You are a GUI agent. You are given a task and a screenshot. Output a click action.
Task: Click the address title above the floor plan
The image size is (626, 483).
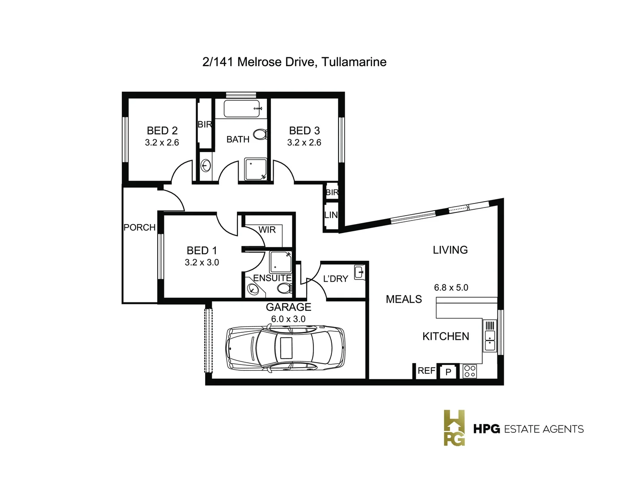tap(294, 62)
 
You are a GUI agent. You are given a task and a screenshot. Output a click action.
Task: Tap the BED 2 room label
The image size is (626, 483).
tap(162, 131)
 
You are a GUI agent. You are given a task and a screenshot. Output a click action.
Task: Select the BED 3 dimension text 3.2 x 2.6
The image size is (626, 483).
tap(304, 143)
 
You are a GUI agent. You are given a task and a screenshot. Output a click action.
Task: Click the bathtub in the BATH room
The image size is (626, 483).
tap(242, 109)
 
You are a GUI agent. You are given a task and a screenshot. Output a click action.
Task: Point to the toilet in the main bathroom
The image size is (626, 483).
tap(260, 134)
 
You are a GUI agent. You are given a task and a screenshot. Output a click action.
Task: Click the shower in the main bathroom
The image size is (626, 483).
tap(255, 169)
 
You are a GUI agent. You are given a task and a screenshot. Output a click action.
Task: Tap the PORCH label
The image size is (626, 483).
tap(139, 228)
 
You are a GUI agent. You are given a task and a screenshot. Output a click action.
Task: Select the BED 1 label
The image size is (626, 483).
tap(202, 250)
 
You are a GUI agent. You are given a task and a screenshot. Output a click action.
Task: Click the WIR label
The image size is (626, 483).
tap(267, 230)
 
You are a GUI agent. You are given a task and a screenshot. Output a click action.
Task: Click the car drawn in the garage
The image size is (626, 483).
tap(286, 347)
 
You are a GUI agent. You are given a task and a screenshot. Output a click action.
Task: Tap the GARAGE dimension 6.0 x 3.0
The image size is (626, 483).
tap(288, 319)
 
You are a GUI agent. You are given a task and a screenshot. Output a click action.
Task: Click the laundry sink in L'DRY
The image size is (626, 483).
tap(359, 272)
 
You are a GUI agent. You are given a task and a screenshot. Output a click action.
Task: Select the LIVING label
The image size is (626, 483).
tap(450, 250)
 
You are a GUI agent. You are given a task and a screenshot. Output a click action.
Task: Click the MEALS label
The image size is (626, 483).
tap(404, 299)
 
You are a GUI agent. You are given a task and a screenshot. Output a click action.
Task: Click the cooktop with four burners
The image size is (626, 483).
tap(469, 371)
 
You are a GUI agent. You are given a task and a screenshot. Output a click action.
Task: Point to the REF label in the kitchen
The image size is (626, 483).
tap(426, 371)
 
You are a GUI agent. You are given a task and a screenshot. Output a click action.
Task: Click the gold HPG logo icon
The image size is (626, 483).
tap(454, 428)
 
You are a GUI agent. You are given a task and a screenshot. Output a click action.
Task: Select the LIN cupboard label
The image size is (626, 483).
tap(331, 215)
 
